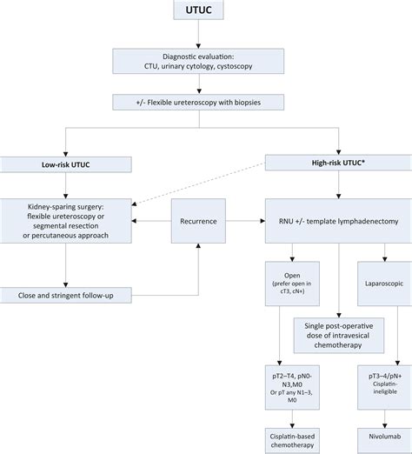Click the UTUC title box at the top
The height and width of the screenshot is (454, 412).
(198, 10)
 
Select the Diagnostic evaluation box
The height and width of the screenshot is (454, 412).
(198, 61)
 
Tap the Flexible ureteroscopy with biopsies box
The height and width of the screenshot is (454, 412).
(198, 103)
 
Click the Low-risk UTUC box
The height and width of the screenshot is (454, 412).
(66, 164)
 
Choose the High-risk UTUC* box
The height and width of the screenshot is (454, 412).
(338, 163)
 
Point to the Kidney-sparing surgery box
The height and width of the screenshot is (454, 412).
(66, 221)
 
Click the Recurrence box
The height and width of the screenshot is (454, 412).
(198, 221)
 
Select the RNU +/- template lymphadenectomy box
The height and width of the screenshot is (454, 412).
(338, 221)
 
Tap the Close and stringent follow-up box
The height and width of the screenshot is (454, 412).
(66, 296)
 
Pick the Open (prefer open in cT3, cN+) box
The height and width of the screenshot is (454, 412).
(292, 284)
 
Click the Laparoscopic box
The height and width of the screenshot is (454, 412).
(385, 284)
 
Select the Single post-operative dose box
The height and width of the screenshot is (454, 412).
(339, 336)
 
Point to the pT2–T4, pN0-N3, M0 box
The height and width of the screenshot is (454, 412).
(292, 387)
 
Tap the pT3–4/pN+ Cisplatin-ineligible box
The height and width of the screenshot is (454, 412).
(385, 387)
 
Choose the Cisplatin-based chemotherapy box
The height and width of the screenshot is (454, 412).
(292, 441)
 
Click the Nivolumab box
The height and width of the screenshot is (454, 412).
(385, 441)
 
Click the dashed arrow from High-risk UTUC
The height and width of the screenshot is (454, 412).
(198, 184)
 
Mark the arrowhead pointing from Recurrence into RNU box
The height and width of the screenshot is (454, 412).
(262, 221)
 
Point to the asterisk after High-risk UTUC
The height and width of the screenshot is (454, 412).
(363, 161)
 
